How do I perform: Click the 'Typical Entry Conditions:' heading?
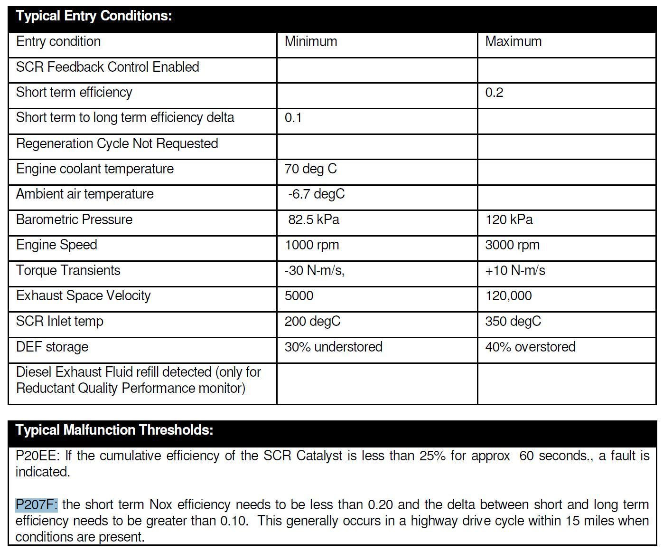click(x=94, y=16)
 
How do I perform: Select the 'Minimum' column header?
click(x=311, y=42)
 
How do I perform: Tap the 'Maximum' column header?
click(x=513, y=42)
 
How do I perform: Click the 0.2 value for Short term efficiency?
click(x=494, y=93)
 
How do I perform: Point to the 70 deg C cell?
click(x=310, y=169)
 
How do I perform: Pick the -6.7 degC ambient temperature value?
click(x=316, y=194)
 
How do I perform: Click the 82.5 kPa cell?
click(x=314, y=220)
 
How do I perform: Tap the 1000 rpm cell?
click(x=312, y=245)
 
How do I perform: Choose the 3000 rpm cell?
click(x=512, y=245)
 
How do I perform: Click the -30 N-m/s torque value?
click(x=314, y=271)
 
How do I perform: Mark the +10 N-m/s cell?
click(x=515, y=271)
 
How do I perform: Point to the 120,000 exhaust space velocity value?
click(x=508, y=296)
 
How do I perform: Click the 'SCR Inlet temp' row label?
click(x=60, y=322)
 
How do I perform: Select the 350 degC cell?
click(x=513, y=322)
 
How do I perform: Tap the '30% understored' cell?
click(x=333, y=347)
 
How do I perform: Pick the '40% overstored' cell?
click(x=530, y=347)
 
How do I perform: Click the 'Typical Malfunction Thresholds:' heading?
click(x=114, y=430)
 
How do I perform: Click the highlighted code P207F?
click(x=37, y=504)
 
